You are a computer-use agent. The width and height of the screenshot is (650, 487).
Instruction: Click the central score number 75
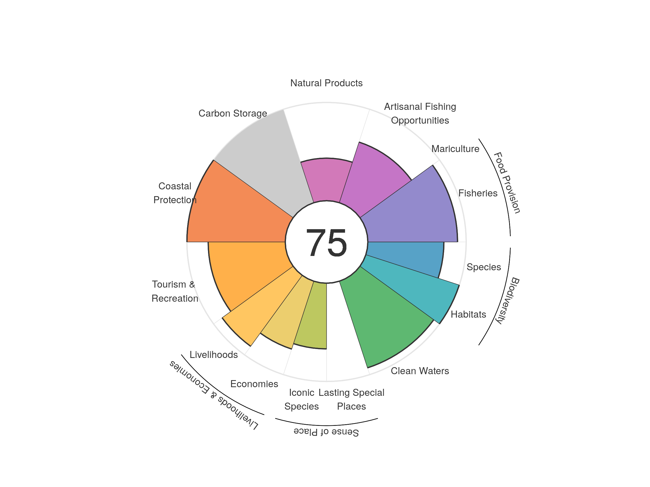tap(326, 243)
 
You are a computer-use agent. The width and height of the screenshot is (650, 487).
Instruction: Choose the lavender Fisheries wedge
tap(411, 211)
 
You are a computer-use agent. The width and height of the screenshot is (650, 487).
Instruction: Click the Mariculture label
tap(455, 149)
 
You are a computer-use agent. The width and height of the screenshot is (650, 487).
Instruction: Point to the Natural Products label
tap(326, 83)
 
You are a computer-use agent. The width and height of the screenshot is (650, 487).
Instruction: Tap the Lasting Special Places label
tap(351, 399)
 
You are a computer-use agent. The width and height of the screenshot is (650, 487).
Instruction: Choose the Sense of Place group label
tap(326, 432)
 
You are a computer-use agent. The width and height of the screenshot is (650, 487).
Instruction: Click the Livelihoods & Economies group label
tap(214, 395)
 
